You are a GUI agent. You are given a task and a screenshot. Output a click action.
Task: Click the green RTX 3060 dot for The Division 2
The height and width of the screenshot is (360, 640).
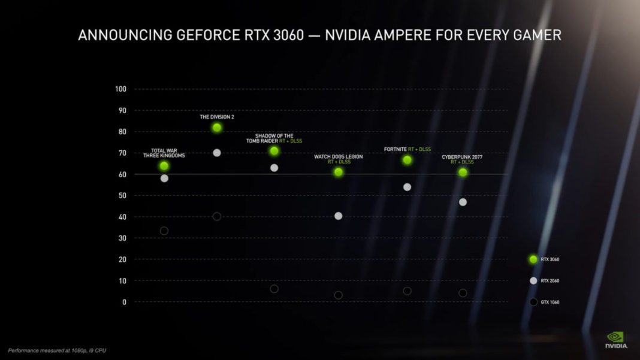tap(217, 128)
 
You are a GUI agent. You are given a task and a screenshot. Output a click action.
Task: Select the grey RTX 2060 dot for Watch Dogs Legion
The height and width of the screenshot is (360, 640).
tap(339, 216)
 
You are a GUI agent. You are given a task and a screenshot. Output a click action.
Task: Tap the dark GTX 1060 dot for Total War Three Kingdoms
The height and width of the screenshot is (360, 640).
tap(164, 231)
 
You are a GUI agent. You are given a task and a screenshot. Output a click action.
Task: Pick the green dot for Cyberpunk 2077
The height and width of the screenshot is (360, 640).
tap(463, 173)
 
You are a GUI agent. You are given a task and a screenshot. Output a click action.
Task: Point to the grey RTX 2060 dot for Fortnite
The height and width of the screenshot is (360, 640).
tap(407, 187)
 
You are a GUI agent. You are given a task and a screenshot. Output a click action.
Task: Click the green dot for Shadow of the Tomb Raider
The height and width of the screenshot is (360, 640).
tap(274, 151)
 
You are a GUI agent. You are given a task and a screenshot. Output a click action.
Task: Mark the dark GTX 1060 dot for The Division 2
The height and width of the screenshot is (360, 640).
tap(217, 216)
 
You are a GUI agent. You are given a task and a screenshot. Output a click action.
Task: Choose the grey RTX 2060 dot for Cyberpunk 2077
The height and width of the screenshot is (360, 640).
tap(463, 202)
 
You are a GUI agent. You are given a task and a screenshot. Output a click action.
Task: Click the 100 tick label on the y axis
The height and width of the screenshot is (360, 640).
tap(120, 89)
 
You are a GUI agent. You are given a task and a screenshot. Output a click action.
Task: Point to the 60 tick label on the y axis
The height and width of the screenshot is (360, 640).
tap(122, 174)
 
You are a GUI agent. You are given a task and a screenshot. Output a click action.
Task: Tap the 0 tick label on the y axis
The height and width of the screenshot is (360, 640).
tap(124, 302)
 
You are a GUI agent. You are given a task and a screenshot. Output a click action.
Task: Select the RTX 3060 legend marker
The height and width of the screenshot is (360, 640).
tap(533, 259)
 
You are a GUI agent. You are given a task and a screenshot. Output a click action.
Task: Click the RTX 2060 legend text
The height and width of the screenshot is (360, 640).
tap(550, 281)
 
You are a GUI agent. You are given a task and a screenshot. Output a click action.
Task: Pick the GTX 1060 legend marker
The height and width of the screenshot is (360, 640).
tap(533, 302)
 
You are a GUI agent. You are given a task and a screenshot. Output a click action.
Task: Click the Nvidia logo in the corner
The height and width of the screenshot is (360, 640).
tap(615, 340)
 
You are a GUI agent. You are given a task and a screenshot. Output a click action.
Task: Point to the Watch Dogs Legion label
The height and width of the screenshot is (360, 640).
tap(339, 156)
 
